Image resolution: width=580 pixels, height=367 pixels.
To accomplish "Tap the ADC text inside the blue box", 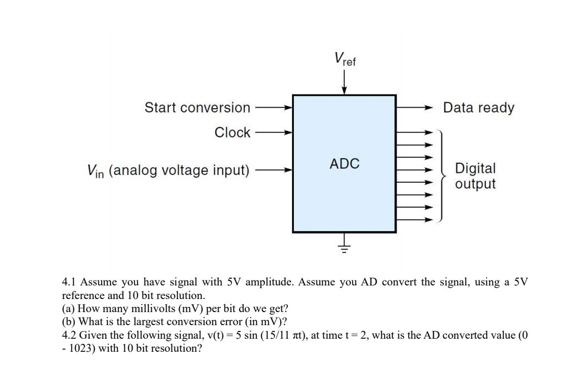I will [x=344, y=163].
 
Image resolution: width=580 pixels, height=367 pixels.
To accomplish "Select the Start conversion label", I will [x=197, y=108].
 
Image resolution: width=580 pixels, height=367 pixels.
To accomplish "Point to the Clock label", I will [x=232, y=132].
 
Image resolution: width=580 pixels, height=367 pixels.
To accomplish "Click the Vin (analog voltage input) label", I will [x=168, y=171].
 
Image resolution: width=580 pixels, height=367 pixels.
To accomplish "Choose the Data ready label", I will [x=478, y=108].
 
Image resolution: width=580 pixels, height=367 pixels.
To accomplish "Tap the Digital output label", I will [x=475, y=176].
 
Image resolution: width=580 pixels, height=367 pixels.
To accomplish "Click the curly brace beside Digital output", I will [x=444, y=176].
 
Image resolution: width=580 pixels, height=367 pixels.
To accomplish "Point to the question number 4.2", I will [x=70, y=334].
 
